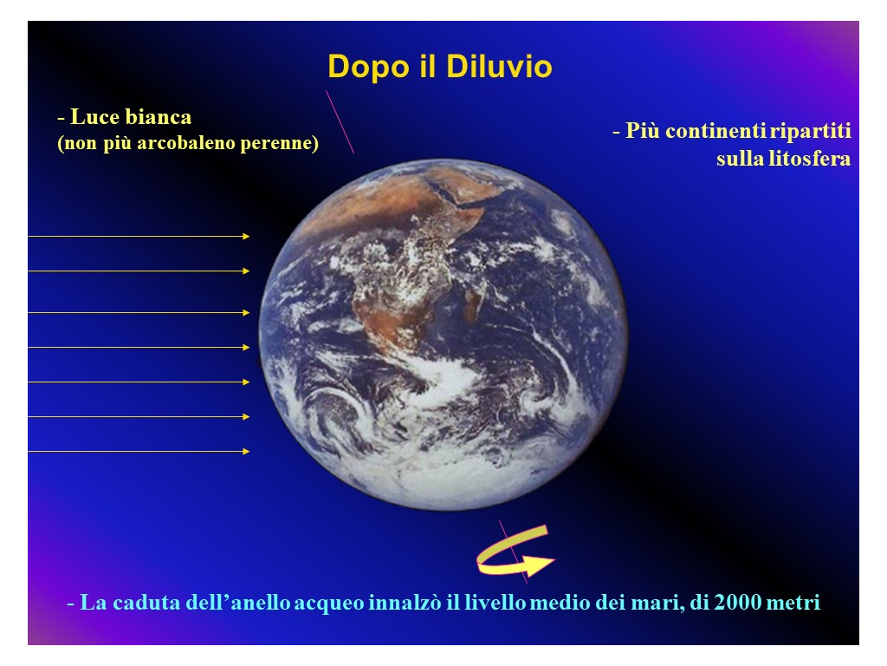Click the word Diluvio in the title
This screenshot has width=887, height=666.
499,66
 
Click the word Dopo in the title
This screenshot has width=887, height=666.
368,68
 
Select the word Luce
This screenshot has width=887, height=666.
94,117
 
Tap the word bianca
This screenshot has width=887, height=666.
159,117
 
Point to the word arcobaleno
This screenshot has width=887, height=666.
186,142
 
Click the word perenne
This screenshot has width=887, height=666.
276,143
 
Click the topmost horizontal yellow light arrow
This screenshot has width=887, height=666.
139,236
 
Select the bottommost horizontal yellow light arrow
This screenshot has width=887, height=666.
139,451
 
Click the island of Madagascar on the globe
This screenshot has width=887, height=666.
473,303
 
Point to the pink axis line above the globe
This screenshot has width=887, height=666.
340,121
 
